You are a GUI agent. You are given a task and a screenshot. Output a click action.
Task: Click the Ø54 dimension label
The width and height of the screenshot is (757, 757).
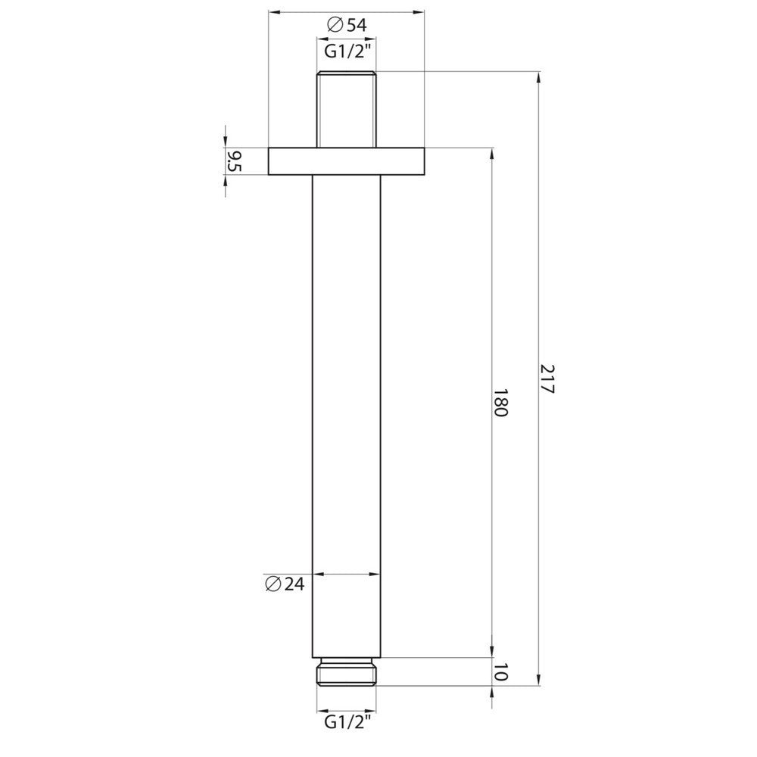[x=347, y=25]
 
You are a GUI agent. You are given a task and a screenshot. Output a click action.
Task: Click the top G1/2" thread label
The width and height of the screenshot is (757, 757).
[x=346, y=51]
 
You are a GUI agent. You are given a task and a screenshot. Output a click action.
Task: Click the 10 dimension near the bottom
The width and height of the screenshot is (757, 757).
[x=500, y=672]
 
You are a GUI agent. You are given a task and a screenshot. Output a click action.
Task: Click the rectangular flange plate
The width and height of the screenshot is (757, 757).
[x=346, y=161]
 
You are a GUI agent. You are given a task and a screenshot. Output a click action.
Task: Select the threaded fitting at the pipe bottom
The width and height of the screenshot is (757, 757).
[x=346, y=671]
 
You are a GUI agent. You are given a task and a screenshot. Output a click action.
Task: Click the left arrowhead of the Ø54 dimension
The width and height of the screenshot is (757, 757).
[x=275, y=12]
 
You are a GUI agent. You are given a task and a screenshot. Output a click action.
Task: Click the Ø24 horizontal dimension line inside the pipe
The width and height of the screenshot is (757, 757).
[x=346, y=574]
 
